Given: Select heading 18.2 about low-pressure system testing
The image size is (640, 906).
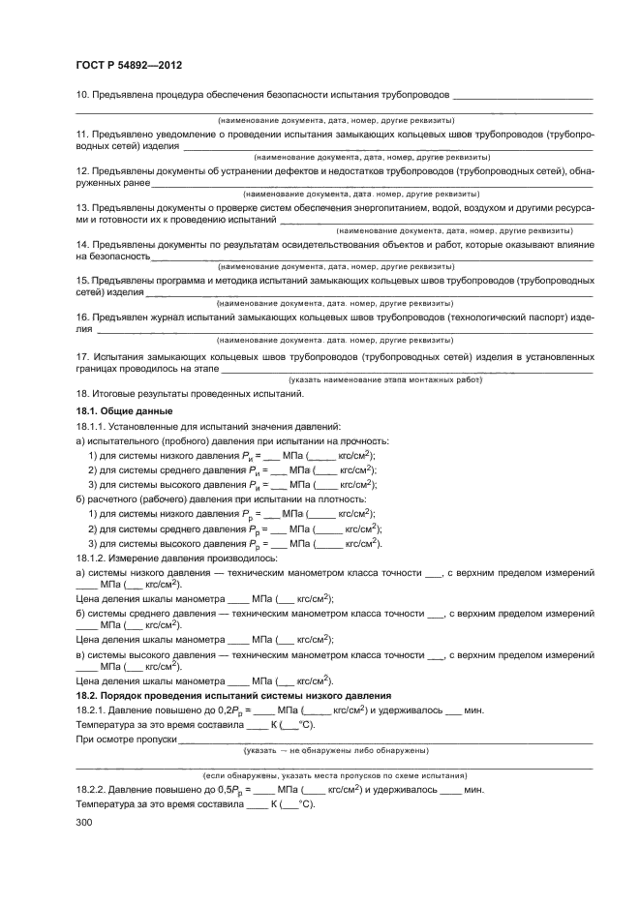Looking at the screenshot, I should coord(232,695).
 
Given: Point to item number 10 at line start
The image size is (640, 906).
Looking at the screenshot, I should coord(81,95).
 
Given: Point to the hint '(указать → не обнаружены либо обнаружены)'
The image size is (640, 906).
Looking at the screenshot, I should coord(333,750).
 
